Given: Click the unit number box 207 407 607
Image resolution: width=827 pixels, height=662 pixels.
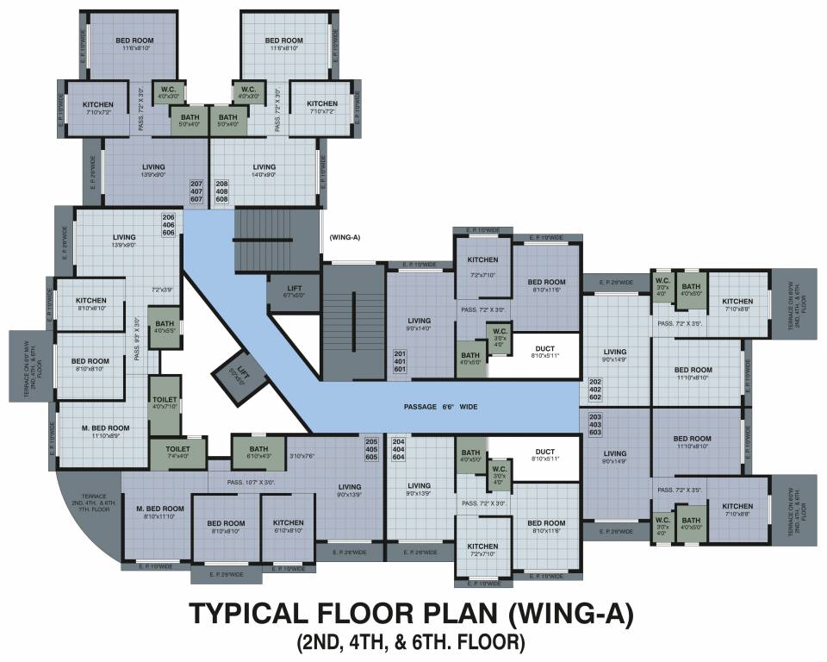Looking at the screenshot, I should point(196,191).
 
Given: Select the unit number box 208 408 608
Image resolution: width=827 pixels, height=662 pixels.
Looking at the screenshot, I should point(221,191).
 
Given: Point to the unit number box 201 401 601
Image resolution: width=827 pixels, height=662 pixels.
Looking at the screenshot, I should point(399,361).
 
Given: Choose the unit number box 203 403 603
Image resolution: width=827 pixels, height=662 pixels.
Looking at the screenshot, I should point(595,425).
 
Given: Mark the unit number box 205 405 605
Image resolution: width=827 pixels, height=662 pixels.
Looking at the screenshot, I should point(371,449).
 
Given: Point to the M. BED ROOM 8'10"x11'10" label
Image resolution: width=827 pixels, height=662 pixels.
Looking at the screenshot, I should point(161,512).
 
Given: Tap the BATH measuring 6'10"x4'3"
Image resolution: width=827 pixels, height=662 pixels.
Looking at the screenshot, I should point(258,453).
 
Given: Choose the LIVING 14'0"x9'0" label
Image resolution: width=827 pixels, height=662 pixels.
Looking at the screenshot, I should point(264,171).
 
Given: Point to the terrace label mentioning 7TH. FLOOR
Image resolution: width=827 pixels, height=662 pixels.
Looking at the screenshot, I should point(94,503).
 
